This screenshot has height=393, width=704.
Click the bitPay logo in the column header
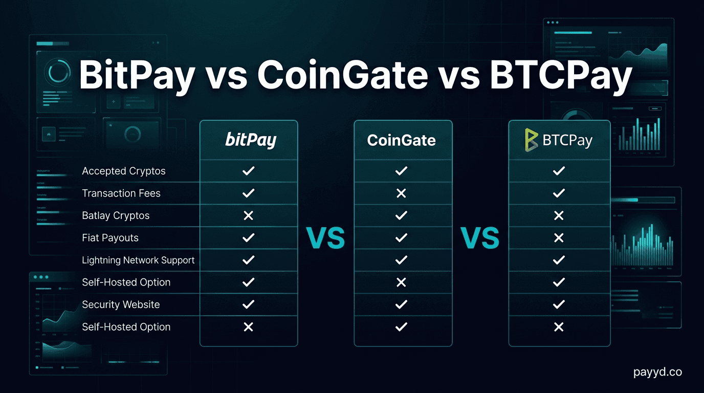tap(251, 140)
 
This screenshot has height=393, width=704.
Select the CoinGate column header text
tap(401, 140)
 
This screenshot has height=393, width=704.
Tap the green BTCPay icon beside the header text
tap(531, 140)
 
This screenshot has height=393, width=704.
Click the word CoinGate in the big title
tap(342, 75)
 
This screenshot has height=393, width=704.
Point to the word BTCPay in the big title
tap(560, 75)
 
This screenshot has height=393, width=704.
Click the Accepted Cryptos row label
tap(124, 171)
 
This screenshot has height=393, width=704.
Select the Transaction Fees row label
tap(121, 193)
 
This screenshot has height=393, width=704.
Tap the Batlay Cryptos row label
tap(116, 215)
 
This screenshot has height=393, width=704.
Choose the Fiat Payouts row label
tap(110, 238)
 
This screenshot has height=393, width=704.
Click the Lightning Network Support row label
tap(138, 260)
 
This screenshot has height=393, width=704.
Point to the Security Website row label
tap(121, 304)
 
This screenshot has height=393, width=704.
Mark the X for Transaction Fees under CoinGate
tap(401, 193)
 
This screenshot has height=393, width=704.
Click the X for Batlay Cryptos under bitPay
tap(248, 215)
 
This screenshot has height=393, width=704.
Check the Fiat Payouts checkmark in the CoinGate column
tap(401, 238)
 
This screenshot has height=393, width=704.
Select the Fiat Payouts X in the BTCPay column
tap(559, 238)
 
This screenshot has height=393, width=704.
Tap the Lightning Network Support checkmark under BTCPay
tap(559, 260)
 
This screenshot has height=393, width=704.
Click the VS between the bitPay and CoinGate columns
tap(325, 238)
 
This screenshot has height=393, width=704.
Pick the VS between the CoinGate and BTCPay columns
tap(480, 238)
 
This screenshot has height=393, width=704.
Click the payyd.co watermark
tap(657, 372)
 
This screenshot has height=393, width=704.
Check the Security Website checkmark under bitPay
tap(248, 304)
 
